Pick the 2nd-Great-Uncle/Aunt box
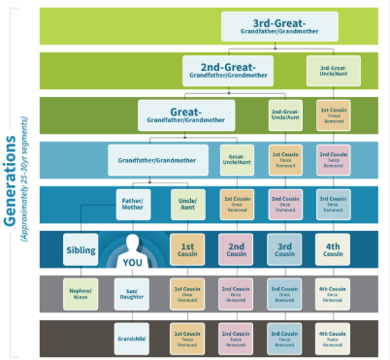click(285, 115)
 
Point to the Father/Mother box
click(133, 205)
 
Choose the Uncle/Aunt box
click(189, 205)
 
